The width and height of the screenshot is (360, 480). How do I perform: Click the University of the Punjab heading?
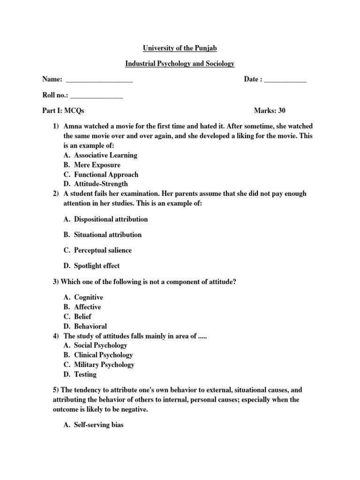coord(180,48)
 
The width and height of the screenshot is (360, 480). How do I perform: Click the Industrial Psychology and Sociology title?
coord(180,64)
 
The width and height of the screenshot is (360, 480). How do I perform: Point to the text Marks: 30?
coord(270,111)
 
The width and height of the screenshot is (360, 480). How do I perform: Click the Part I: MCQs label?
coord(63,111)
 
